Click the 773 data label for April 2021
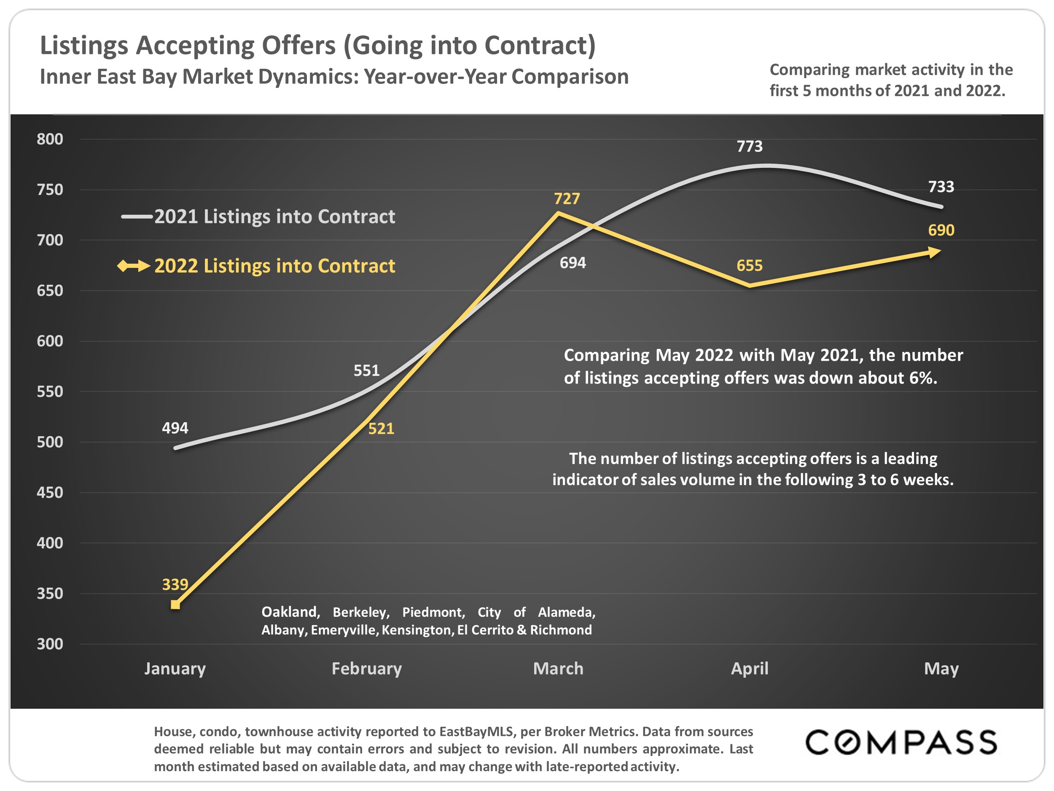(749, 146)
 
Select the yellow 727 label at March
(567, 198)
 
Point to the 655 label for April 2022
(749, 266)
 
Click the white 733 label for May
(941, 187)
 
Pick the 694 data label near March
(572, 263)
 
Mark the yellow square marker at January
(175, 605)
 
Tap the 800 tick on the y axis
(50, 139)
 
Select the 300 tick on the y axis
(50, 644)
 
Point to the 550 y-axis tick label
(50, 391)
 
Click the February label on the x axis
(366, 669)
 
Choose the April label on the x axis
(749, 669)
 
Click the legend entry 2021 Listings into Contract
(274, 216)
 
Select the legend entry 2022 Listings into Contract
(274, 266)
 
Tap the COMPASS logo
(901, 742)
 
